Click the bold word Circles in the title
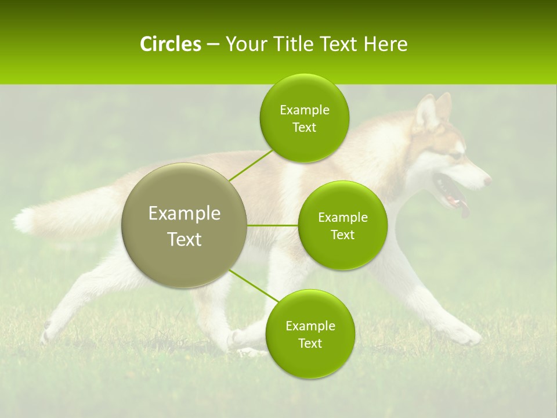pos(170,44)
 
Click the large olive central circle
pos(184,225)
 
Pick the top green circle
pos(304,118)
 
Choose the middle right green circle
pos(342,225)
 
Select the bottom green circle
pos(310,334)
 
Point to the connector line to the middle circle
pos(272,225)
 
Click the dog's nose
pos(488,181)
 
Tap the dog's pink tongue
pos(464,209)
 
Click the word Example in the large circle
pos(184,214)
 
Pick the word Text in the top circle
pos(304,128)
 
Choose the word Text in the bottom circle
pos(310,343)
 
